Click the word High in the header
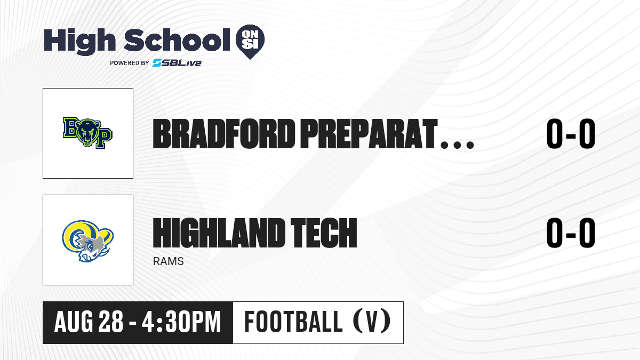click(79, 41)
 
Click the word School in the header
click(177, 39)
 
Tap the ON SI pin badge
click(250, 42)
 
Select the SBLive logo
click(177, 62)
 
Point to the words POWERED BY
click(129, 63)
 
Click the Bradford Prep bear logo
click(87, 133)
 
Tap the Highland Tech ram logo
click(87, 241)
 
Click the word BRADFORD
click(223, 134)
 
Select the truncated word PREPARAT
click(369, 134)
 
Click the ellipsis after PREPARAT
click(457, 145)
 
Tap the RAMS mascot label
click(169, 261)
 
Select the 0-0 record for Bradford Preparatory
click(571, 134)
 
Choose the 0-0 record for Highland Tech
click(571, 233)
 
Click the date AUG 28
click(89, 322)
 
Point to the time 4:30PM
click(181, 322)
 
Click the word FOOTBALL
click(293, 322)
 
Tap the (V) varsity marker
click(372, 321)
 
